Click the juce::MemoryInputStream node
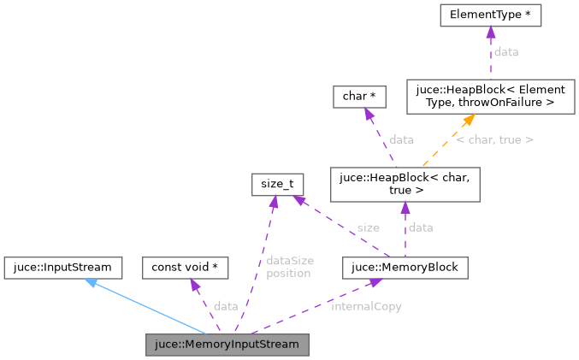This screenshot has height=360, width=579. pyautogui.click(x=227, y=345)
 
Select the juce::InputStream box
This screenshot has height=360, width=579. pyautogui.click(x=62, y=268)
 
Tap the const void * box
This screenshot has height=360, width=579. pyautogui.click(x=185, y=268)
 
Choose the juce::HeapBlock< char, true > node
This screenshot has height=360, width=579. pyautogui.click(x=405, y=185)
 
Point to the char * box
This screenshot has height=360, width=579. pyautogui.click(x=355, y=97)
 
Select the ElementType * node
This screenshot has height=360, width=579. pyautogui.click(x=489, y=15)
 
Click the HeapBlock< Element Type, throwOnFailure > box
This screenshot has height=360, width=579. pyautogui.click(x=490, y=97)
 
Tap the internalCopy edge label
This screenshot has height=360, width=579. pyautogui.click(x=366, y=306)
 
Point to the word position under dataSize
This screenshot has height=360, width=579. pyautogui.click(x=287, y=274)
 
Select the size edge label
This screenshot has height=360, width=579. pyautogui.click(x=368, y=227)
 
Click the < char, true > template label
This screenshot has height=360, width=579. pyautogui.click(x=494, y=139)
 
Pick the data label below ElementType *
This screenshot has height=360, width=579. pyautogui.click(x=506, y=52)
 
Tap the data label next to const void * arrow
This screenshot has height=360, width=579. pyautogui.click(x=226, y=306)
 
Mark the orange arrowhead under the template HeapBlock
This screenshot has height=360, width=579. pyautogui.click(x=470, y=119)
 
